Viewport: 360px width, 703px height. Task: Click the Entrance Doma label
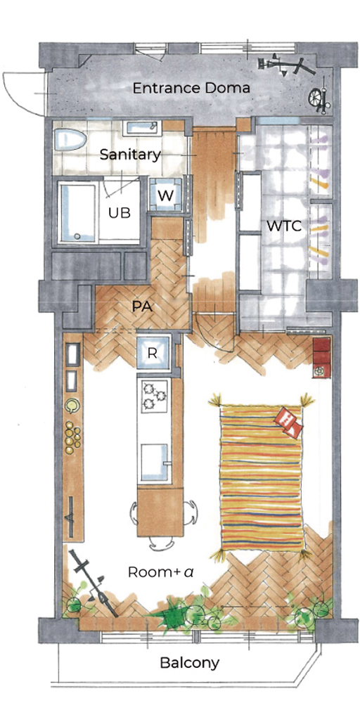191,88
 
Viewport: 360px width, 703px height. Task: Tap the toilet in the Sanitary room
70,140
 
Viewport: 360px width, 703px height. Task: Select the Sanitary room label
130,155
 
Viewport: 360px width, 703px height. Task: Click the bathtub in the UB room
78,212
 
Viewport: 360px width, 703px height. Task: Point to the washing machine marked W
165,194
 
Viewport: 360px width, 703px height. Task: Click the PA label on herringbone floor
141,307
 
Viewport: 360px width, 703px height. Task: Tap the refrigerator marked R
153,352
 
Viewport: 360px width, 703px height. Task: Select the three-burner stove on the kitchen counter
154,396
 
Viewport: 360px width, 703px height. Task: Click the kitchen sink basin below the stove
154,462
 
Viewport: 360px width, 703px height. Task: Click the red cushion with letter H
290,422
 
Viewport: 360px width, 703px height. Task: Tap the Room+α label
160,572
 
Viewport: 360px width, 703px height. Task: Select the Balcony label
190,662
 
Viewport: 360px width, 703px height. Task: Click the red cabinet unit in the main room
321,357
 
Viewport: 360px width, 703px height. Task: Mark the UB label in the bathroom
120,213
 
